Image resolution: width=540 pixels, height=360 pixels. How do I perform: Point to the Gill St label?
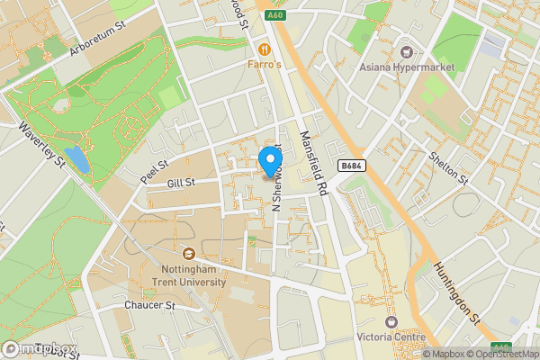click(x=182, y=184)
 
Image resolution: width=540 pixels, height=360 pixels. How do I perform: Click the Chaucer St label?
click(x=148, y=306)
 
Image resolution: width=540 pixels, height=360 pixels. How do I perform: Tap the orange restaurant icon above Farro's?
click(x=265, y=49)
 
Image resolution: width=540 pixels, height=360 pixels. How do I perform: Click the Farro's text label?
click(x=265, y=65)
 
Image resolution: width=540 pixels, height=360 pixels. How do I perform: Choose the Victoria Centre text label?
click(x=391, y=337)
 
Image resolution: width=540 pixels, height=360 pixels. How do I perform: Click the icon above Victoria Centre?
click(x=391, y=321)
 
